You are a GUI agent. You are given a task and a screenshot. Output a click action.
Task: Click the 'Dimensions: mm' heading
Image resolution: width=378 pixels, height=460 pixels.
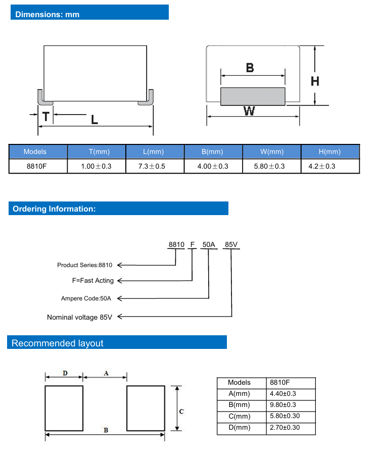pos(48,14)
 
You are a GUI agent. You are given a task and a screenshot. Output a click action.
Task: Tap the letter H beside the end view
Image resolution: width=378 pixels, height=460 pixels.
pos(315,81)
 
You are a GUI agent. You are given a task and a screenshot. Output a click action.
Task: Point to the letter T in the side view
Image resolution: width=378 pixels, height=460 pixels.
pos(46,117)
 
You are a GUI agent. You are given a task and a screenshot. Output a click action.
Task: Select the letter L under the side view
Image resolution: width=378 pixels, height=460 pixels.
pos(94,120)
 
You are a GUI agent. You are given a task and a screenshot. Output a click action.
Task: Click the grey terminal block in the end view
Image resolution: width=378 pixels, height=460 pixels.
pos(253,96)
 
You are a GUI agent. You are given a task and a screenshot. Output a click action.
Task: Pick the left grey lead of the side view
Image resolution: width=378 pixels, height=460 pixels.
pos(41,97)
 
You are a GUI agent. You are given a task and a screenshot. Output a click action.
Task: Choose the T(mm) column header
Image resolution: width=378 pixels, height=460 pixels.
pos(96,151)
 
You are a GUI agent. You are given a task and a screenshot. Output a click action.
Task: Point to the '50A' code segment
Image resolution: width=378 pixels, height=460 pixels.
pos(209,245)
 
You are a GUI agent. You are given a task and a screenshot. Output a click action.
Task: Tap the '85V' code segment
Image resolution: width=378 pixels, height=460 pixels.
pos(231,245)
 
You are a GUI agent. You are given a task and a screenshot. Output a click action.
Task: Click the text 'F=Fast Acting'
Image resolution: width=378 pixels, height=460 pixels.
pos(93,280)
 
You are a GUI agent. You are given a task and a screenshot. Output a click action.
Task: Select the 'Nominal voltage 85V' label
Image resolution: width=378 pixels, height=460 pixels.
pos(80,317)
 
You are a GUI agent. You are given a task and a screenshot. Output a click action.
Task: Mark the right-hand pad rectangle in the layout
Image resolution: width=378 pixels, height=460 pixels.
pos(146,408)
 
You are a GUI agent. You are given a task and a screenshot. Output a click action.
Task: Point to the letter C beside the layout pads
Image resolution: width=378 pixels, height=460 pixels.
pos(181,412)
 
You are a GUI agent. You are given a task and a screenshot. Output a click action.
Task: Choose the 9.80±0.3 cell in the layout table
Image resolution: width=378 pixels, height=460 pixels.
pos(283,405)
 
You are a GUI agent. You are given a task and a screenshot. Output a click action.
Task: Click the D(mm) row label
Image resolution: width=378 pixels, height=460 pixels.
pos(239,428)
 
